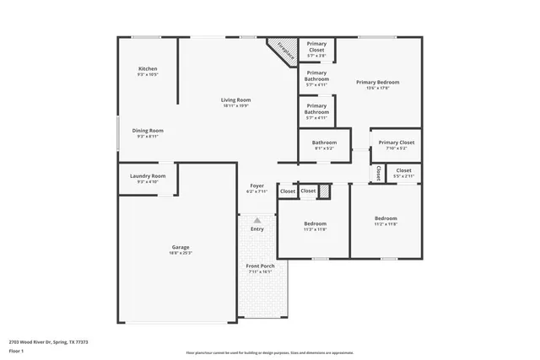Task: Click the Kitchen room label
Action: coord(148,68)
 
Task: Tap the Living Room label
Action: coord(236,100)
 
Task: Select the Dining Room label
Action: coord(148,131)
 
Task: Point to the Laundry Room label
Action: coord(148,175)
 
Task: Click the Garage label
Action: coord(181,246)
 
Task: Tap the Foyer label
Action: coord(256,185)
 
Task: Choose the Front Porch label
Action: coord(260,266)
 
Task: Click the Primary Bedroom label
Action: coord(377,82)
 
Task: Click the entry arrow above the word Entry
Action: coord(256,219)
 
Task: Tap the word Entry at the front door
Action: coord(256,228)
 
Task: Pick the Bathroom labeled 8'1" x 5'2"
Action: coord(324,142)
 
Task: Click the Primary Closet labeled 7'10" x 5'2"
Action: coord(395,142)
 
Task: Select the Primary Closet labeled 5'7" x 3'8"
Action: coord(316,46)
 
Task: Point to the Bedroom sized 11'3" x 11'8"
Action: coord(315,224)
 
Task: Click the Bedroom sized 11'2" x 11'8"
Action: coord(385,219)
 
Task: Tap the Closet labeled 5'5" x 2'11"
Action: coord(403,170)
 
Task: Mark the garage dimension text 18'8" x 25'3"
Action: coord(181,252)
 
